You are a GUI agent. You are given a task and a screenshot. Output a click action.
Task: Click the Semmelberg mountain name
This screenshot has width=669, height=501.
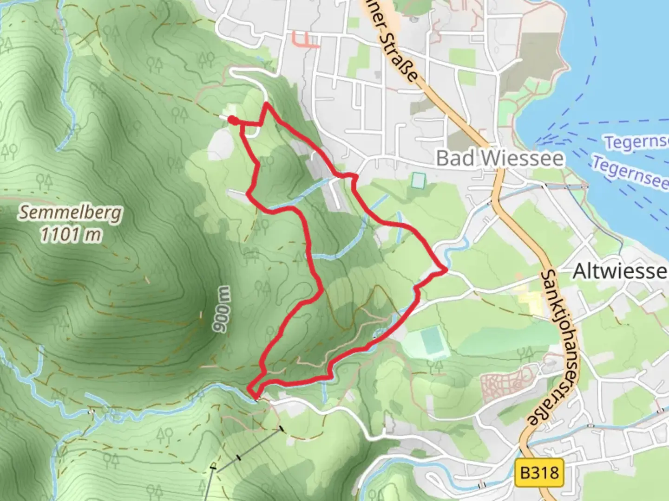pyautogui.click(x=71, y=213)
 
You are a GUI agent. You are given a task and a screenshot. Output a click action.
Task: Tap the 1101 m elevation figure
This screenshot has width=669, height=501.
pyautogui.click(x=71, y=234)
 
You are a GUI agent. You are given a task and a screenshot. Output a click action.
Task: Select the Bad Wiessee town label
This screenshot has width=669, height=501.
pyautogui.click(x=500, y=159)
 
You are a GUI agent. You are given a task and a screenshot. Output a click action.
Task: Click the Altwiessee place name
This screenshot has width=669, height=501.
pyautogui.click(x=620, y=271)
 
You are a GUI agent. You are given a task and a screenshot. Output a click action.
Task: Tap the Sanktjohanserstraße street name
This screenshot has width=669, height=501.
pyautogui.click(x=553, y=348)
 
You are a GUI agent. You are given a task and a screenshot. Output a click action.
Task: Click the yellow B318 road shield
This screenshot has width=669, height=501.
pyautogui.click(x=539, y=473)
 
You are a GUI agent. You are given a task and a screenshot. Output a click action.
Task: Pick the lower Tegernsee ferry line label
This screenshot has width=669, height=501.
pyautogui.click(x=630, y=172)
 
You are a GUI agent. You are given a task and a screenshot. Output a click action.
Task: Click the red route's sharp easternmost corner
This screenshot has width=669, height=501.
pyautogui.click(x=446, y=269)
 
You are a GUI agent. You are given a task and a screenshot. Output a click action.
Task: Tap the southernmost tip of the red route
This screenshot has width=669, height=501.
pyautogui.click(x=255, y=397)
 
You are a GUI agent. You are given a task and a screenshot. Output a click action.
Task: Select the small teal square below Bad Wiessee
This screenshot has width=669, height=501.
pyautogui.click(x=418, y=180)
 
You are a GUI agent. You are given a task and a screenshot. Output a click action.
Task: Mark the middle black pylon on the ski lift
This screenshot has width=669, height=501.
pyautogui.click(x=239, y=458)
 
